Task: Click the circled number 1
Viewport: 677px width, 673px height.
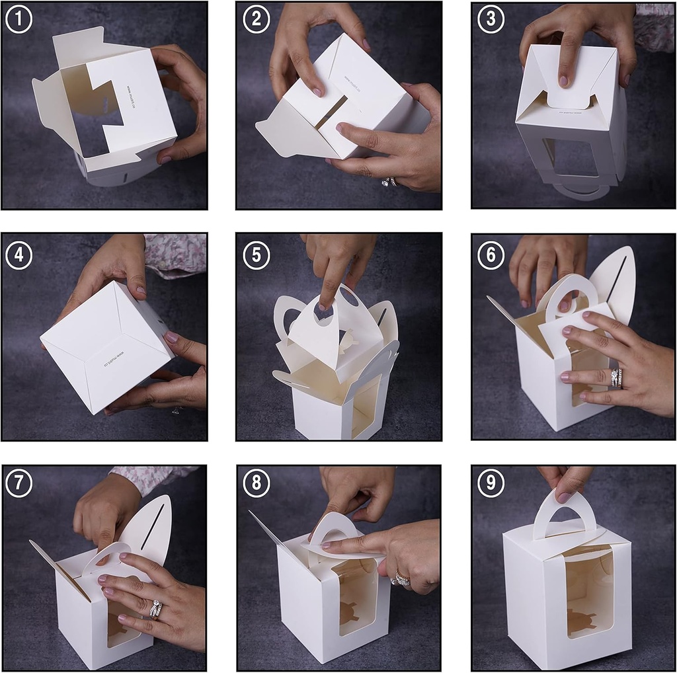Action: [x=19, y=19]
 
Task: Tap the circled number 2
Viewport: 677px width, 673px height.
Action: [x=256, y=19]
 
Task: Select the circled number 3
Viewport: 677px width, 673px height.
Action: [x=491, y=19]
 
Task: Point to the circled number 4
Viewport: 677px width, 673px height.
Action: [x=19, y=255]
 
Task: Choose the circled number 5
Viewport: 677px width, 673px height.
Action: [x=256, y=255]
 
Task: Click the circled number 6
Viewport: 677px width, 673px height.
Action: [x=491, y=255]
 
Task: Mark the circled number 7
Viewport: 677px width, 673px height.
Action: [x=19, y=483]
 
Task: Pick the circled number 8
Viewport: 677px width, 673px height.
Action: [x=256, y=483]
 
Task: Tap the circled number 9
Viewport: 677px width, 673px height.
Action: [x=491, y=483]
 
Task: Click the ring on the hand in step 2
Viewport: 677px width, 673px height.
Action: [x=390, y=181]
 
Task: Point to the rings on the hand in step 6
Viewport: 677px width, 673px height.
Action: [x=616, y=377]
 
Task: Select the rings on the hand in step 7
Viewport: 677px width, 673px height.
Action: [x=156, y=608]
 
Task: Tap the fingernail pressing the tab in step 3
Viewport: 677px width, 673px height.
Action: [x=563, y=81]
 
